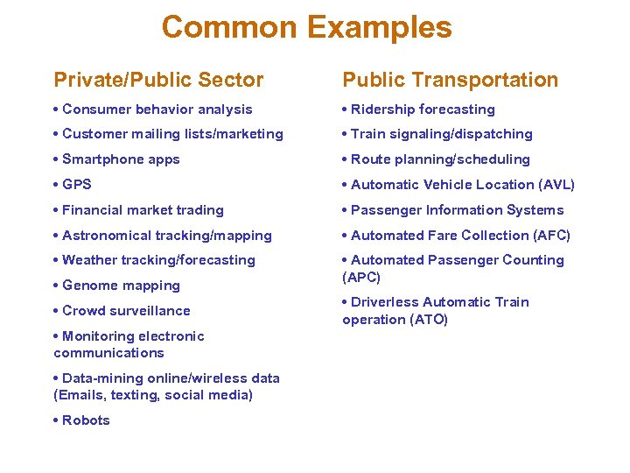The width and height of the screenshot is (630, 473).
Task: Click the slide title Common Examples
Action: point(306,27)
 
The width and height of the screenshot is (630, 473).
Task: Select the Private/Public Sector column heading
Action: point(158,80)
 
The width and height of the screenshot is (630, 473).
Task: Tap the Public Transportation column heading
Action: point(450,80)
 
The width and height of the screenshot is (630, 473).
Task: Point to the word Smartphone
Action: point(97,159)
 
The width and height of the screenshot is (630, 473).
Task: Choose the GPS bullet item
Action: point(76,185)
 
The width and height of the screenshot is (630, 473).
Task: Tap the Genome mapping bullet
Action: point(121,286)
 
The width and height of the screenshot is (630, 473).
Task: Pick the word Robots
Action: point(86,420)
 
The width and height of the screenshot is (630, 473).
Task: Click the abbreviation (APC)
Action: point(361,278)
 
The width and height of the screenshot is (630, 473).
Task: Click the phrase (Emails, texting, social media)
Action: point(153,395)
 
